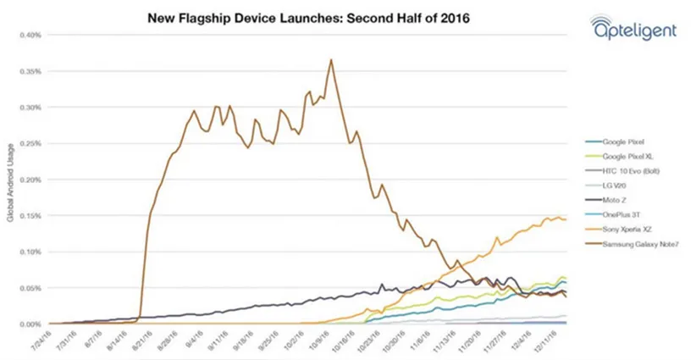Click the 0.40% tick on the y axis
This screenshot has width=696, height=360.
[31, 36]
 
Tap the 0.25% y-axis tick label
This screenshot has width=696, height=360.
[31, 144]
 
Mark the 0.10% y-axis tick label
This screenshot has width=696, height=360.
[31, 252]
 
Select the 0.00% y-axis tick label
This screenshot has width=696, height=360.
[31, 324]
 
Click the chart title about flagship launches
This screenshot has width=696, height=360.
[296, 16]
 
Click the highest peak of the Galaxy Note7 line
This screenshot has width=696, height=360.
[331, 59]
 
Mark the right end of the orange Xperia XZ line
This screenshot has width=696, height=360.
[566, 219]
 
